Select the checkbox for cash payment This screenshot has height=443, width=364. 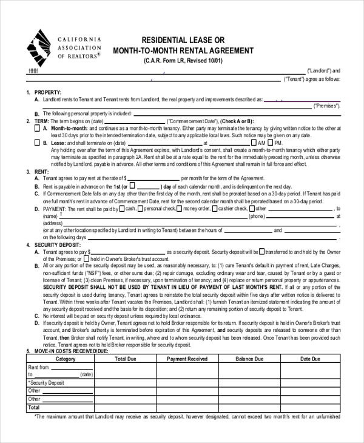121,208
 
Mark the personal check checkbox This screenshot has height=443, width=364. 141,208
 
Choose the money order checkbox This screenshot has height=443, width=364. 180,208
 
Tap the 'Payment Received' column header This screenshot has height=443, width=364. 187,359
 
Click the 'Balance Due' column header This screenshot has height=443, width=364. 249,359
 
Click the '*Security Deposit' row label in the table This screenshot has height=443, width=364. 47,383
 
